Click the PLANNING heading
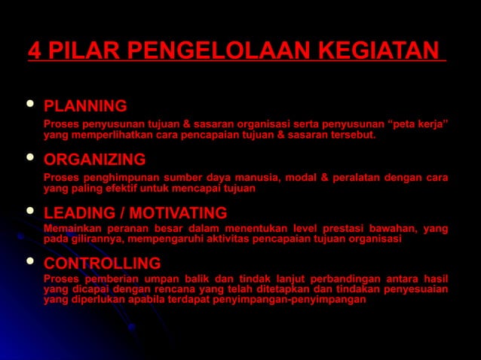click(85, 105)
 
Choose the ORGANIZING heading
click(95, 160)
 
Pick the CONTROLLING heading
click(102, 264)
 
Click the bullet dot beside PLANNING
click(29, 104)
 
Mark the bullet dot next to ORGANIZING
click(29, 158)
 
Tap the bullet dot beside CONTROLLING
click(29, 262)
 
